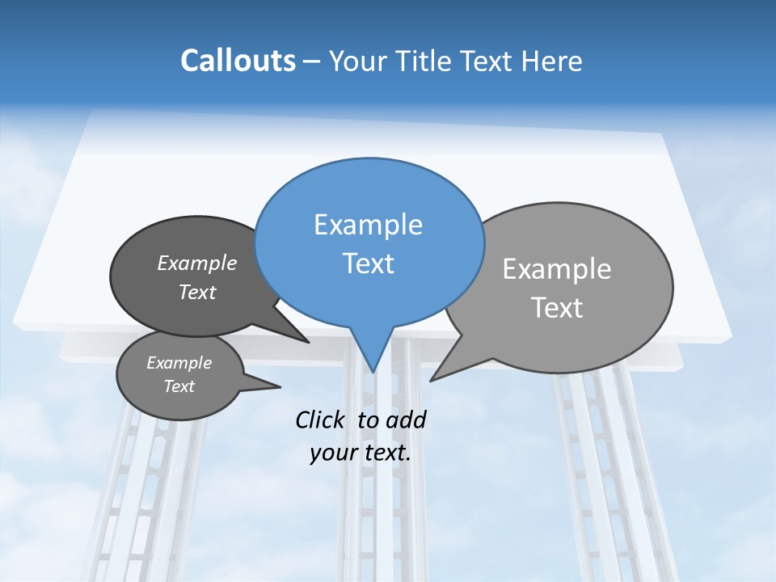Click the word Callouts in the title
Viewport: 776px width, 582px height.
(238, 61)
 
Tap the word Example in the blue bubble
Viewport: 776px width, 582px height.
(368, 225)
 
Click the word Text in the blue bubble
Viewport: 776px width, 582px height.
(368, 264)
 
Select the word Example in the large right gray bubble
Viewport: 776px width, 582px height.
(557, 269)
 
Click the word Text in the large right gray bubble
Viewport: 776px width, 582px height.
(557, 308)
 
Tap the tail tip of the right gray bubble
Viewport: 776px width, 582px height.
(432, 379)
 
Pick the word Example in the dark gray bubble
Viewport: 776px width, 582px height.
(197, 263)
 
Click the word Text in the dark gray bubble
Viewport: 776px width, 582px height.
(197, 292)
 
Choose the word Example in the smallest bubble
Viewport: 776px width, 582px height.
(179, 363)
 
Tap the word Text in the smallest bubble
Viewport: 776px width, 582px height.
(179, 386)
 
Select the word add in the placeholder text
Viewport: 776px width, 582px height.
(406, 420)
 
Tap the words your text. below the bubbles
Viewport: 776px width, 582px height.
(361, 453)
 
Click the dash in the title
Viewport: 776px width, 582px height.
(312, 61)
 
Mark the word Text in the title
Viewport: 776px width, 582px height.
(488, 61)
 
